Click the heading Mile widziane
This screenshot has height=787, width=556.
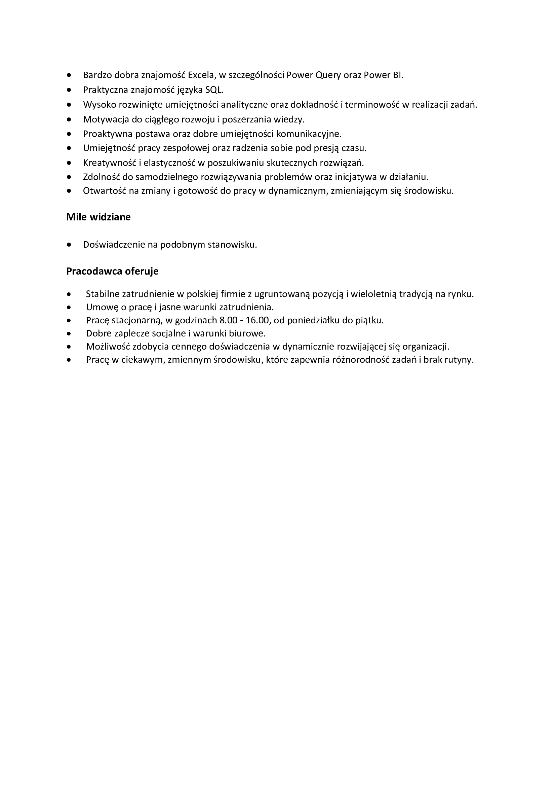tap(98, 217)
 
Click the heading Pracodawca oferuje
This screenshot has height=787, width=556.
tap(112, 272)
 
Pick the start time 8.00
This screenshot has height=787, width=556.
tap(228, 321)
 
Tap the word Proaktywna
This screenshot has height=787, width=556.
tap(108, 134)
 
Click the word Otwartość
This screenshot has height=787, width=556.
tap(105, 191)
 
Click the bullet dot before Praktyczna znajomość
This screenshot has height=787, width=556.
tap(70, 90)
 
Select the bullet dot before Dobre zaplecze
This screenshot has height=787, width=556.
tap(70, 333)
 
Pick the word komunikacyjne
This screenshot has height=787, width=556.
tap(309, 134)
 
